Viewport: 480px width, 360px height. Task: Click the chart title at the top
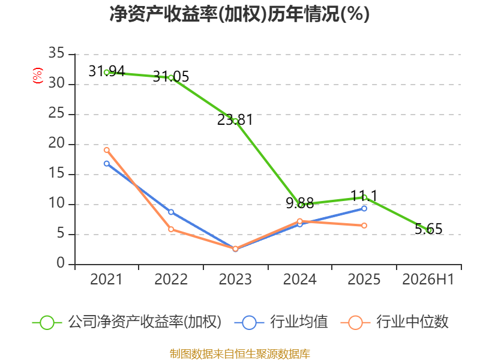tap(239, 14)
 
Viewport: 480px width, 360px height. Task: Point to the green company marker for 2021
tap(107, 73)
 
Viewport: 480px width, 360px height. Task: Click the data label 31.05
tap(171, 77)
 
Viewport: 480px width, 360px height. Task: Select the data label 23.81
tap(235, 119)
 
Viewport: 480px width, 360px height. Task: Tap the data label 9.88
tap(299, 203)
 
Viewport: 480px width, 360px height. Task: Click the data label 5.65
tap(428, 229)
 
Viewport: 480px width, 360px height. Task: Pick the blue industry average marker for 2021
tap(107, 164)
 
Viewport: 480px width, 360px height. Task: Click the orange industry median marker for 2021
tap(107, 150)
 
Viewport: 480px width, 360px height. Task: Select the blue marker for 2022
tap(171, 212)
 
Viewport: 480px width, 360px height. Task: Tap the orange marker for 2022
tap(171, 229)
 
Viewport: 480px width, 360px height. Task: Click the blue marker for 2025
tap(364, 208)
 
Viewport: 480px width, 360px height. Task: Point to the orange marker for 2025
tap(364, 226)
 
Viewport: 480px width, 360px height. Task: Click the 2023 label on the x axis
tap(235, 280)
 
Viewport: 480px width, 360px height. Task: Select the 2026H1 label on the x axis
tap(428, 280)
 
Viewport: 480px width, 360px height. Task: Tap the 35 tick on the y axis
tap(56, 53)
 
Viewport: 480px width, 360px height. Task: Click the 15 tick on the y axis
tap(56, 173)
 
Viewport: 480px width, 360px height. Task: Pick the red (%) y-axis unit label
tap(38, 76)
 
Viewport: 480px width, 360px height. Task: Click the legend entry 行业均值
tap(281, 322)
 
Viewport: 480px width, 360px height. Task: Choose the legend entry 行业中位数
tap(394, 322)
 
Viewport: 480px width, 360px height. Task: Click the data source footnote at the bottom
tap(240, 354)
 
